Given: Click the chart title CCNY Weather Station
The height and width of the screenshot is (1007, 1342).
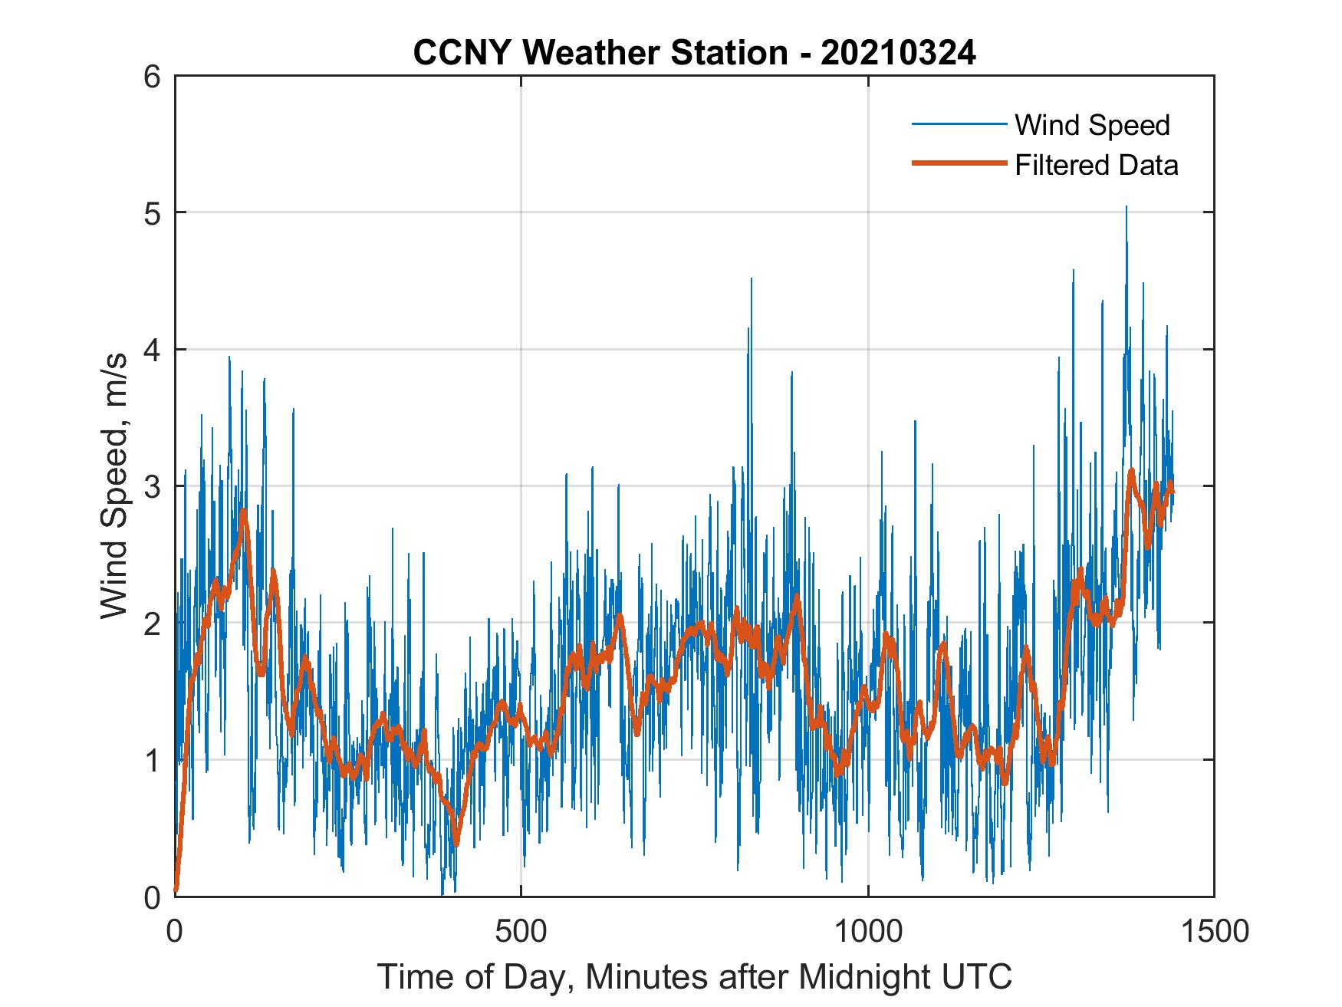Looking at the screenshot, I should tap(600, 53).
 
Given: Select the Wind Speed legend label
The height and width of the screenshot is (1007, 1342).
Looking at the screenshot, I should tap(1092, 125).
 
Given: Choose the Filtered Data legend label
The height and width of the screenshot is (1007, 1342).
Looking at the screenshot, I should tap(1096, 165).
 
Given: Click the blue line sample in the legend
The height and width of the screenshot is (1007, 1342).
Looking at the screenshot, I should tap(958, 124).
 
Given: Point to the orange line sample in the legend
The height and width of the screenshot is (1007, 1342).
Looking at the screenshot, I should tap(958, 163).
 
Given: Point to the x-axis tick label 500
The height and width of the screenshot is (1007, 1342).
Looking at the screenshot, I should tap(521, 931).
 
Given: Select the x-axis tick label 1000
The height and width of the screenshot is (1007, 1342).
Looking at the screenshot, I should tap(867, 931).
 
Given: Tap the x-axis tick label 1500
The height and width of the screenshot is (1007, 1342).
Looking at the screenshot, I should tap(1214, 931).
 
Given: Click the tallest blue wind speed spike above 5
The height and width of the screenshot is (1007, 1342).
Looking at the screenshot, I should tap(1126, 209).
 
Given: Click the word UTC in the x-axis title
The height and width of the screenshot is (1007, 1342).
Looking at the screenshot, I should tap(981, 977).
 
